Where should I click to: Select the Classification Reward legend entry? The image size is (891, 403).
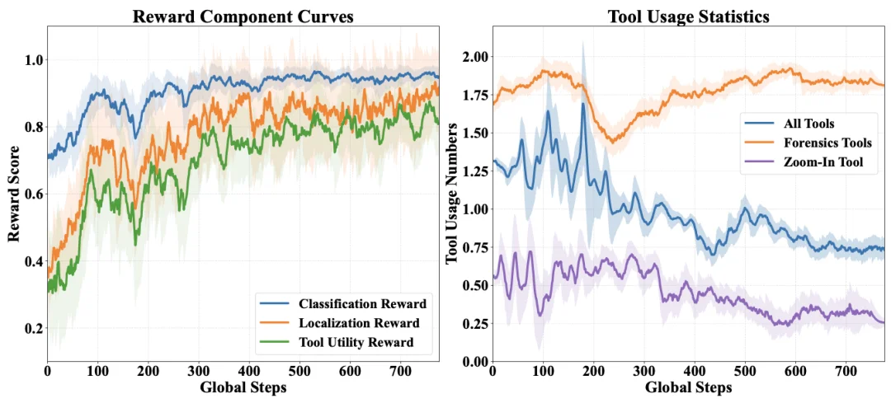point(341,302)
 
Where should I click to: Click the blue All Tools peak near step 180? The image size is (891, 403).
point(583,104)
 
